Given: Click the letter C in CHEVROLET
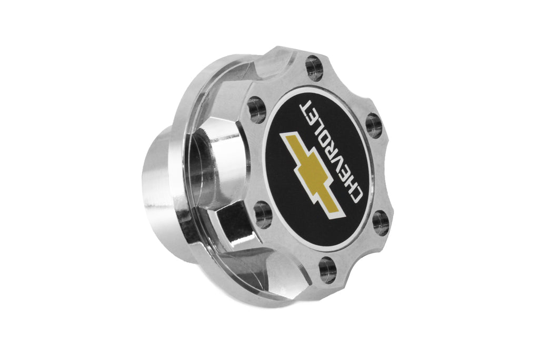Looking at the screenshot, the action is point(354,195).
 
